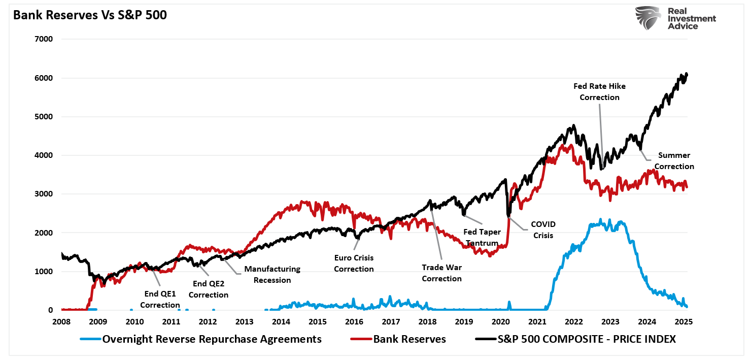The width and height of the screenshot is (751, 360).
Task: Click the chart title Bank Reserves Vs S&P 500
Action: pos(90,15)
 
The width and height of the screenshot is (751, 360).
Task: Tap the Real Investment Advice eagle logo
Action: pos(648,18)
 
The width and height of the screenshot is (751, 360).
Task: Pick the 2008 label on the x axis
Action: pos(61,321)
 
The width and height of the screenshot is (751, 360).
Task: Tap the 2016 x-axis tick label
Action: pos(354,321)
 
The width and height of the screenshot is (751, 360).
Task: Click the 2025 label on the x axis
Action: pos(684,321)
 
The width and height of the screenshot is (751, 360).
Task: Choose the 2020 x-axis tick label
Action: pos(500,321)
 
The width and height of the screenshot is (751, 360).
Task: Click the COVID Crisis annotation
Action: pos(543,230)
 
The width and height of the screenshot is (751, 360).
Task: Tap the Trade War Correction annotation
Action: pos(441,273)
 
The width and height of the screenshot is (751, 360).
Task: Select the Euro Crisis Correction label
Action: pos(354,264)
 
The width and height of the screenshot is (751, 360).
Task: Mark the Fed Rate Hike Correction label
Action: pos(599,91)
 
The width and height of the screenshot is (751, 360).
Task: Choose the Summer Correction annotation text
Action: pos(674,160)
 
